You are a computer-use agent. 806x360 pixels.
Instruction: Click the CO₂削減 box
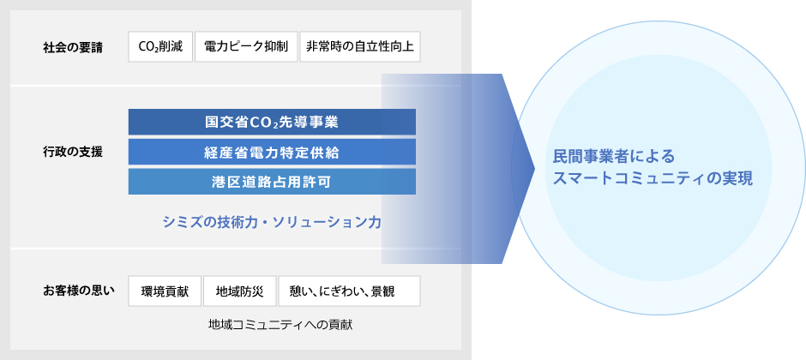(x=159, y=46)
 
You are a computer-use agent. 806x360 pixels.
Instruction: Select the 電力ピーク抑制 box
(x=246, y=46)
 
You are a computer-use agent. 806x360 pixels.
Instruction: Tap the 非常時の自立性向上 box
(x=360, y=46)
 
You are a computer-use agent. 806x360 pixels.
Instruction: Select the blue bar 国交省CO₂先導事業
(x=272, y=122)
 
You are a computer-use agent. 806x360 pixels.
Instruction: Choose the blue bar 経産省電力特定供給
(x=272, y=152)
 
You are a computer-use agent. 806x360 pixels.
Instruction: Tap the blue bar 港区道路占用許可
(x=272, y=181)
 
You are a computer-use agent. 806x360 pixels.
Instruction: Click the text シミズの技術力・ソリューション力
(x=272, y=222)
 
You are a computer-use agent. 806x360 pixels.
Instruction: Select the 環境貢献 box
(x=165, y=291)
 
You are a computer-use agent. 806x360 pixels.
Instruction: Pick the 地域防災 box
(x=239, y=291)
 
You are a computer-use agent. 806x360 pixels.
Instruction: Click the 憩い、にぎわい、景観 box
(x=349, y=291)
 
